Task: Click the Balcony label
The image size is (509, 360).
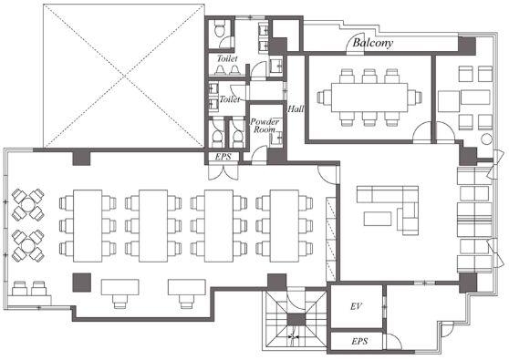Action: (x=373, y=43)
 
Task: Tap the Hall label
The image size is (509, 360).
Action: (x=296, y=109)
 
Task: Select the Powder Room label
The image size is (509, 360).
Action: (x=265, y=126)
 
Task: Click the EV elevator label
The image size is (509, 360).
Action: (x=356, y=306)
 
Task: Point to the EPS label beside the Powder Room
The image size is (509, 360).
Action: (x=223, y=157)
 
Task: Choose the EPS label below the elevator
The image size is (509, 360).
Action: (x=359, y=341)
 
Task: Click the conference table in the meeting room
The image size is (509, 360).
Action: (x=369, y=98)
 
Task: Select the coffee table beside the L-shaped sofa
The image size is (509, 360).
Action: (x=378, y=219)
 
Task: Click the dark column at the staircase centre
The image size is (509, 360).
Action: (x=296, y=320)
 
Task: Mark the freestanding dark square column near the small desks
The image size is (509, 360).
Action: (x=81, y=283)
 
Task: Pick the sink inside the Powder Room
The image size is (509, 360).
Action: (x=276, y=139)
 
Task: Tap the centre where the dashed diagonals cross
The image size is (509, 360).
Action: (x=124, y=77)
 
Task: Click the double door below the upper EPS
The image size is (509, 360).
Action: (x=223, y=172)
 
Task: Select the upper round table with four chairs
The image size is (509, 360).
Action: (x=28, y=205)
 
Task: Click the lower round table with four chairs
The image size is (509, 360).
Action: (x=28, y=245)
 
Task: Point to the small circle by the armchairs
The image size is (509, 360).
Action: (x=486, y=139)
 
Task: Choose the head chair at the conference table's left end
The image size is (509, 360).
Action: (x=323, y=98)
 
